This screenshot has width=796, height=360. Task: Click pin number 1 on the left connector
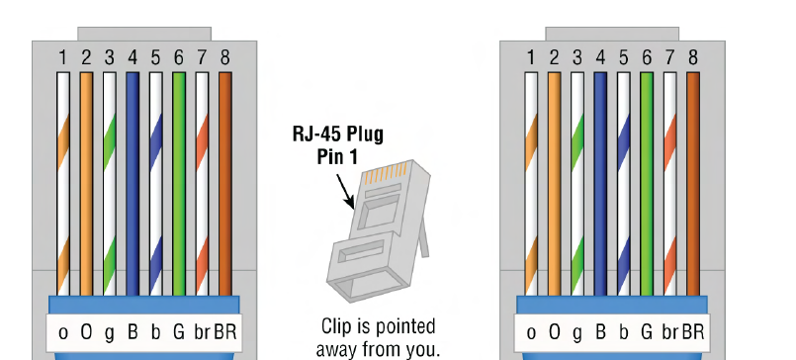(63, 58)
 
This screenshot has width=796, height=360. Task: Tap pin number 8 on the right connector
(693, 58)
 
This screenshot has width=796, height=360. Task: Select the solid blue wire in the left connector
(133, 184)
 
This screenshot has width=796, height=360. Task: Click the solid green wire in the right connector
(647, 184)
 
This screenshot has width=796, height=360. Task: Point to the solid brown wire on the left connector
(225, 184)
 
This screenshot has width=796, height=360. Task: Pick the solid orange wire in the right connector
(555, 184)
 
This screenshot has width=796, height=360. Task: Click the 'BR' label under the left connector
(225, 332)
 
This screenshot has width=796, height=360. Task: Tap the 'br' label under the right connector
(670, 332)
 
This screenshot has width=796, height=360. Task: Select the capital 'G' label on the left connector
(179, 332)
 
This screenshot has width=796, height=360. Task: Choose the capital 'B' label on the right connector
(600, 332)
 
